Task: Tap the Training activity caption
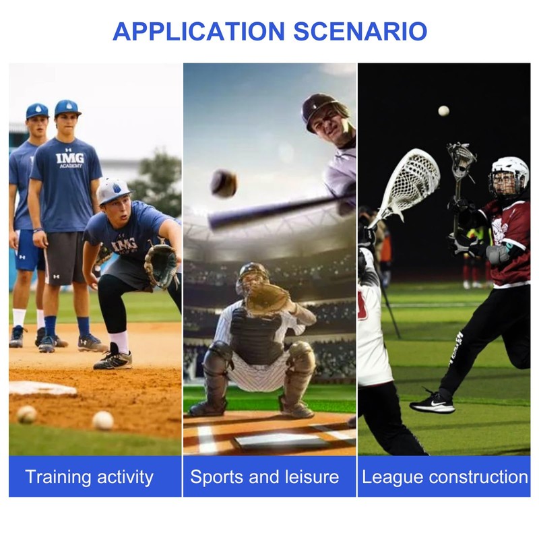coord(89,478)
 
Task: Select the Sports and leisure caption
coord(264,478)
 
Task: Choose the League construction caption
coord(445,478)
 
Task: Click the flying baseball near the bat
coord(223,183)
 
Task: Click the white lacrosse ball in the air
coord(443,110)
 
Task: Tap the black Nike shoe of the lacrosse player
coord(432,402)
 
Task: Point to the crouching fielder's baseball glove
coord(161,265)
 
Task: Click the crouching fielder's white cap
coord(113,191)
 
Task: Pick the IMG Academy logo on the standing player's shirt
coord(70,160)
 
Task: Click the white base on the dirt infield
coord(40,388)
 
